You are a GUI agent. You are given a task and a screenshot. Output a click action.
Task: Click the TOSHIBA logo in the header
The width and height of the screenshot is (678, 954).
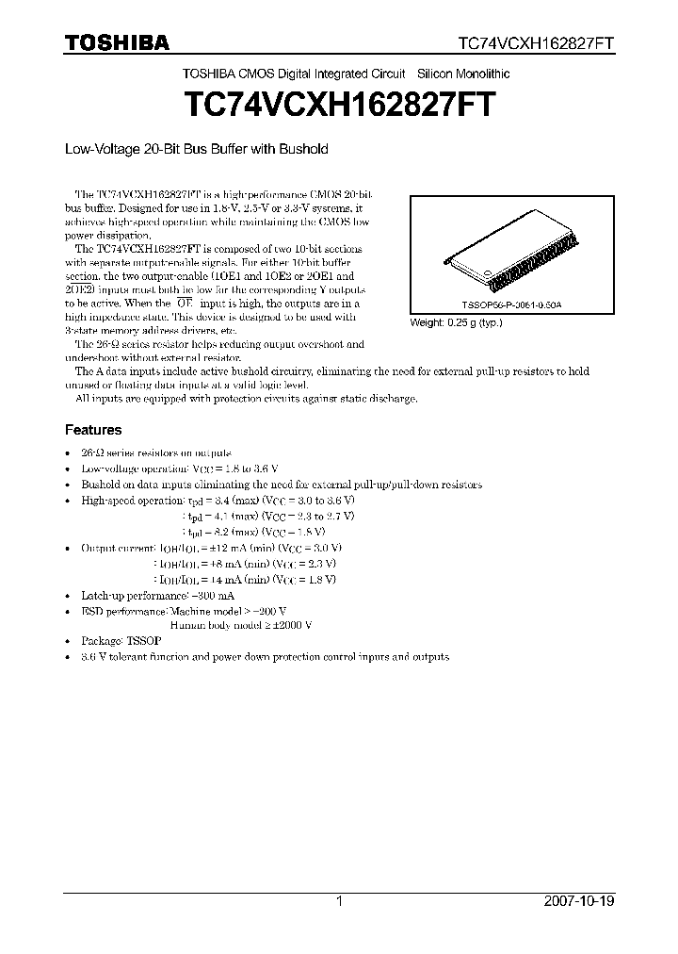(117, 42)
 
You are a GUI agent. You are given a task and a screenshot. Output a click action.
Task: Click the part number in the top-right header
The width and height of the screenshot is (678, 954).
(537, 43)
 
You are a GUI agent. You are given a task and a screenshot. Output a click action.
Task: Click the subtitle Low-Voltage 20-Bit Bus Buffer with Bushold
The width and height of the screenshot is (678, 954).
(195, 149)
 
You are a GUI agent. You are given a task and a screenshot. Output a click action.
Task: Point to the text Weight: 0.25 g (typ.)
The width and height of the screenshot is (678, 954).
(457, 322)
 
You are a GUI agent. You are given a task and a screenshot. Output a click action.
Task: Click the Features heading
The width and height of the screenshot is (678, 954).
(92, 430)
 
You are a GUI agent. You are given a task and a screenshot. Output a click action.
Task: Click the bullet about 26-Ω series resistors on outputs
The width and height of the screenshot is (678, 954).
(155, 453)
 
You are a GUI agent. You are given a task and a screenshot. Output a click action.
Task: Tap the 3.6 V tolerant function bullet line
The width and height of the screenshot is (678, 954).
(265, 656)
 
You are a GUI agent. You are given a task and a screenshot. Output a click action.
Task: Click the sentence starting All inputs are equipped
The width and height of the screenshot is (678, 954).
(245, 399)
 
